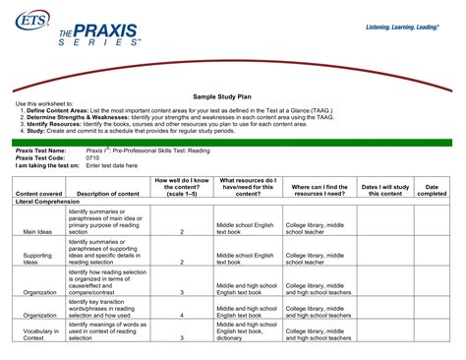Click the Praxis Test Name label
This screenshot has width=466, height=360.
tap(40, 149)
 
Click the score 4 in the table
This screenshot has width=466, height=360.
tap(182, 316)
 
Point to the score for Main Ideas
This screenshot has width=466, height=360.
tap(182, 231)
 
